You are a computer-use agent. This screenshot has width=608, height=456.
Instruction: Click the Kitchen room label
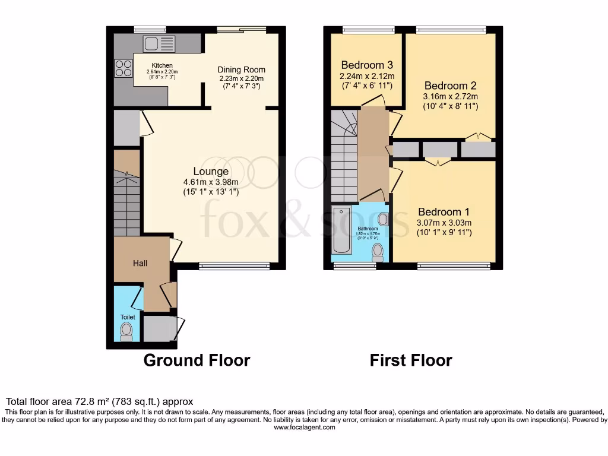click(x=162, y=65)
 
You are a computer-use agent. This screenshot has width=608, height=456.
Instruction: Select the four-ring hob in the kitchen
click(x=123, y=68)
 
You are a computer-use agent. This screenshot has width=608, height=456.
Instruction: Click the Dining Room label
click(x=240, y=69)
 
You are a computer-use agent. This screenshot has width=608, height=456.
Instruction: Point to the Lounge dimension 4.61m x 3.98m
click(x=210, y=182)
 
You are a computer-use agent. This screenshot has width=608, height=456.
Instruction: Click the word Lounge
click(x=210, y=172)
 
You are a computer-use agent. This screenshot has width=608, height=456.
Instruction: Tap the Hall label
click(x=140, y=263)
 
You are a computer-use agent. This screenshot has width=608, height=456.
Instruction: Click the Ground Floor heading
click(x=197, y=360)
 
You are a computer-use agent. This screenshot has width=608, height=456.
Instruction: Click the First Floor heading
click(x=411, y=360)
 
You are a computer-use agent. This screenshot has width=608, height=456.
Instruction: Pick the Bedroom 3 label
click(x=367, y=65)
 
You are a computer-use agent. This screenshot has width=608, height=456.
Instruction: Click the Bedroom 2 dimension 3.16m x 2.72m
click(x=450, y=96)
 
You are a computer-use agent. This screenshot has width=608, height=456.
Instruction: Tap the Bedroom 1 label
click(x=444, y=212)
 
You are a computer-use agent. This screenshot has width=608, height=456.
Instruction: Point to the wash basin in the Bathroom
click(x=383, y=219)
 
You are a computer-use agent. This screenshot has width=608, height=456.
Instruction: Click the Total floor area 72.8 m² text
click(x=99, y=401)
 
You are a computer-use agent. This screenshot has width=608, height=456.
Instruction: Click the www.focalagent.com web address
click(x=304, y=427)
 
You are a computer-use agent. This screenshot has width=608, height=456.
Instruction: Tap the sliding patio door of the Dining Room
click(x=241, y=29)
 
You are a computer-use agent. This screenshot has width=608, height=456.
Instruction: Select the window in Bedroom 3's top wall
click(x=368, y=29)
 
